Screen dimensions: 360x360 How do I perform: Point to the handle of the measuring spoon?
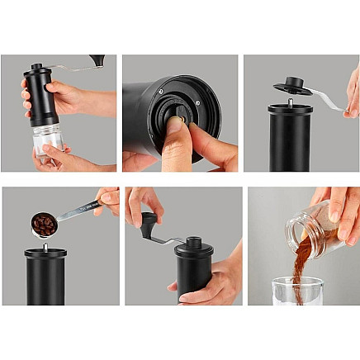tap(79, 210)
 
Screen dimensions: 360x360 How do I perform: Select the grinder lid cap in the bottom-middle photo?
tap(195, 246)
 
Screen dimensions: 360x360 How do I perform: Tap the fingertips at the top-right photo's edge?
tap(353, 91)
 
